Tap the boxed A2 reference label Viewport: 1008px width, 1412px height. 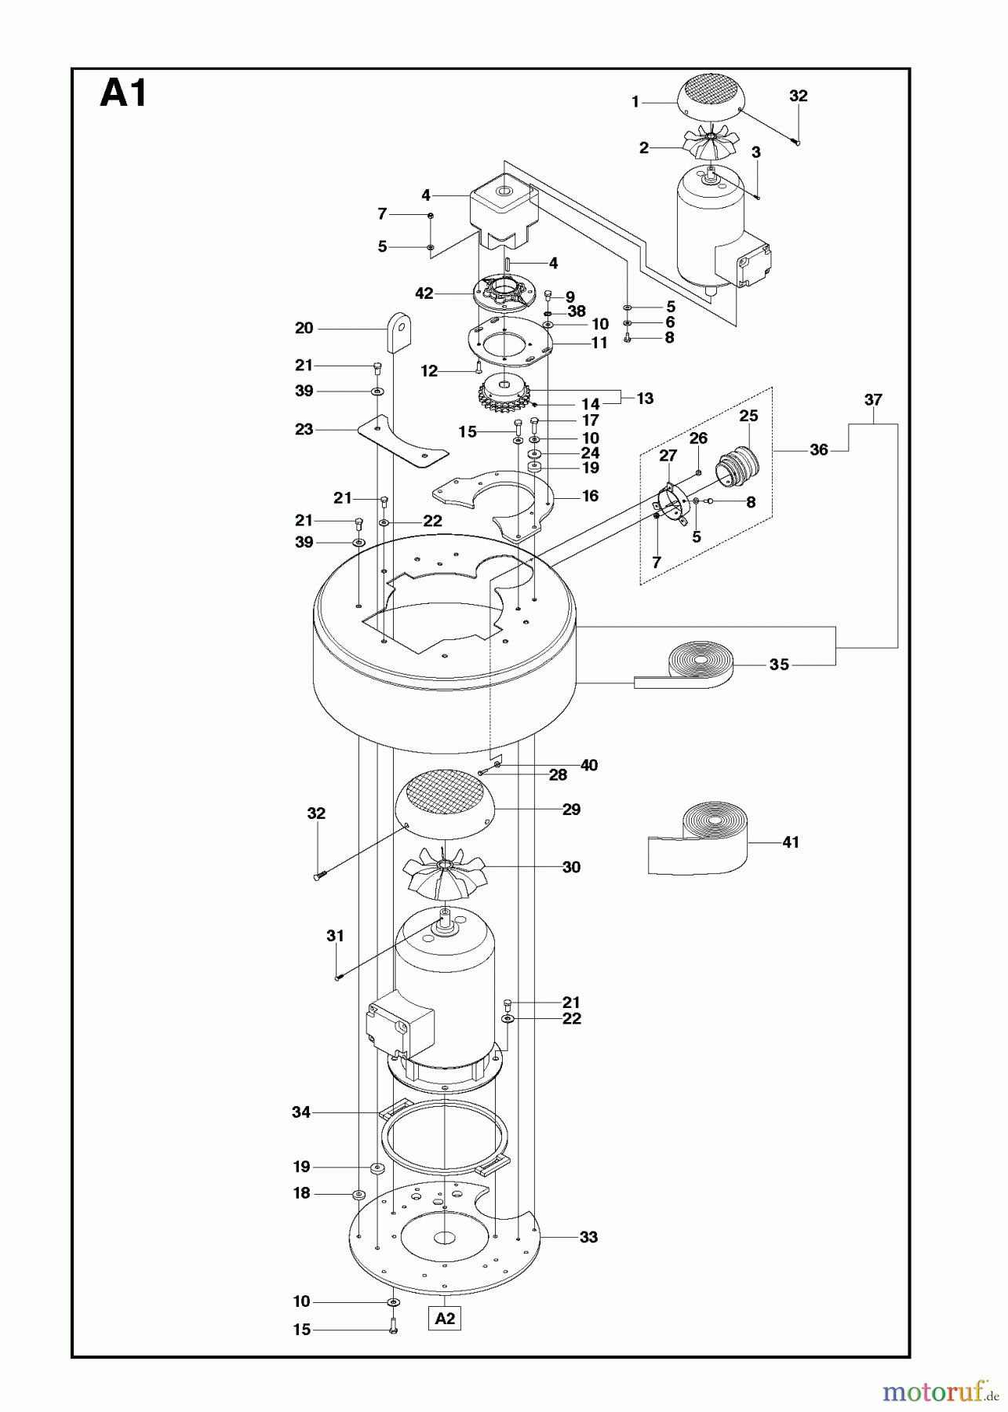pyautogui.click(x=445, y=1318)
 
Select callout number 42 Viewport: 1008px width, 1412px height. pyautogui.click(x=424, y=293)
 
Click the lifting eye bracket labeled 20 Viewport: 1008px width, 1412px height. pyautogui.click(x=398, y=332)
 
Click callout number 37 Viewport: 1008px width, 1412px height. pyautogui.click(x=873, y=399)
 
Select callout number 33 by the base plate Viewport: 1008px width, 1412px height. pyautogui.click(x=588, y=1237)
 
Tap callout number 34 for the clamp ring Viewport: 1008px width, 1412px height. pyautogui.click(x=301, y=1112)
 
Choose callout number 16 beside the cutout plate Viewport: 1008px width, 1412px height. pyautogui.click(x=590, y=495)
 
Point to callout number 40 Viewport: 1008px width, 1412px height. pyautogui.click(x=588, y=765)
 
